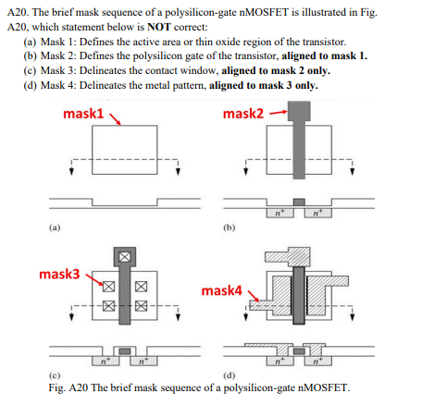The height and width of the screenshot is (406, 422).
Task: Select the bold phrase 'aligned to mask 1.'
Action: tap(324, 55)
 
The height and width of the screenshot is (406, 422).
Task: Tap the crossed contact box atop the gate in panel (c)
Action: tap(123, 254)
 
